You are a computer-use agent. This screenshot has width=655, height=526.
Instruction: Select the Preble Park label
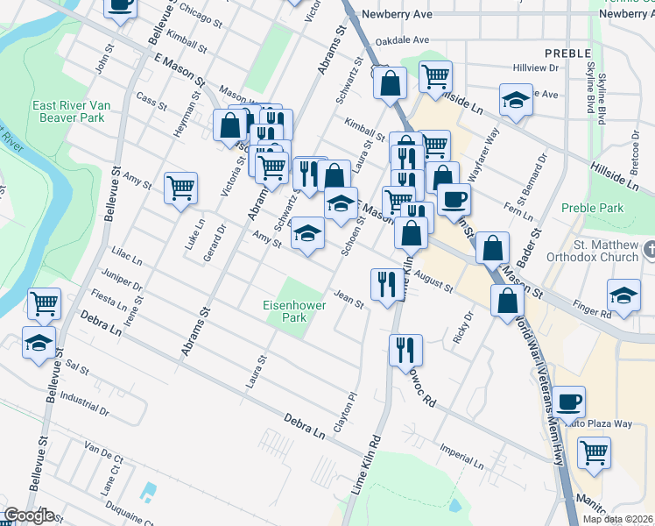click(x=592, y=209)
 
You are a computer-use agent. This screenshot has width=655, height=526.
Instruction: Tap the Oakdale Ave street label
click(x=402, y=40)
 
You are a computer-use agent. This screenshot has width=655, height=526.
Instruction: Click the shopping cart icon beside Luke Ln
click(x=180, y=188)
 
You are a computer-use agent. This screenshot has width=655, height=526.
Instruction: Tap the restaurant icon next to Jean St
click(x=385, y=283)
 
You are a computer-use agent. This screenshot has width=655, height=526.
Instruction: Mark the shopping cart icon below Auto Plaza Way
click(x=594, y=452)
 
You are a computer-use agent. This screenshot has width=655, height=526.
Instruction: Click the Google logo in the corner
click(x=29, y=515)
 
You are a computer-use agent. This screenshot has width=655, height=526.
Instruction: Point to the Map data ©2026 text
click(x=617, y=519)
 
